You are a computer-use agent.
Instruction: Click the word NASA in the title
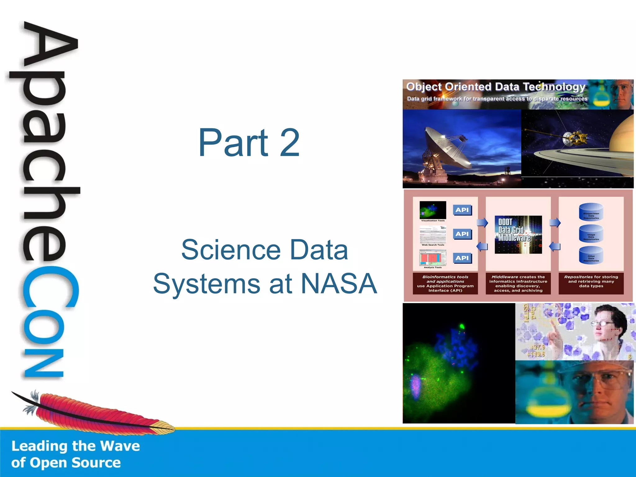(x=339, y=284)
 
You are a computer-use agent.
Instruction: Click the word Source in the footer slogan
(x=96, y=463)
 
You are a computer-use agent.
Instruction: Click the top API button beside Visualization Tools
(x=462, y=210)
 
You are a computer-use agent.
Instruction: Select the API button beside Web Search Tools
(x=462, y=234)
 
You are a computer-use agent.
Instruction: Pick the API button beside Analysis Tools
(x=462, y=258)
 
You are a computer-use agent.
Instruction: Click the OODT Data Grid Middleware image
(x=518, y=234)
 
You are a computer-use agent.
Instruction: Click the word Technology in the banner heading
(x=554, y=87)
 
